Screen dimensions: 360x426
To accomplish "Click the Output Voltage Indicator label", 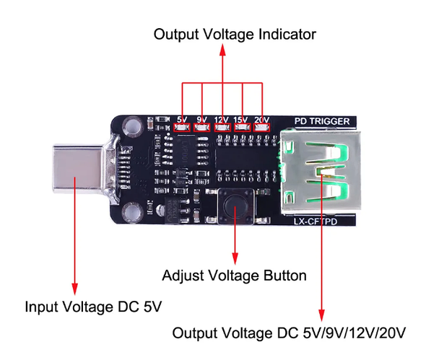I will coord(235,34).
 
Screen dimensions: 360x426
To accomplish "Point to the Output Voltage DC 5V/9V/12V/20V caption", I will coord(290,333).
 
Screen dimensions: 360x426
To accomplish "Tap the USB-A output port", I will coord(318,171).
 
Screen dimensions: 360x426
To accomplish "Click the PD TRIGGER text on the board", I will coord(323,120).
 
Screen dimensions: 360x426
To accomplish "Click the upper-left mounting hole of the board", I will coord(131,126).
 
